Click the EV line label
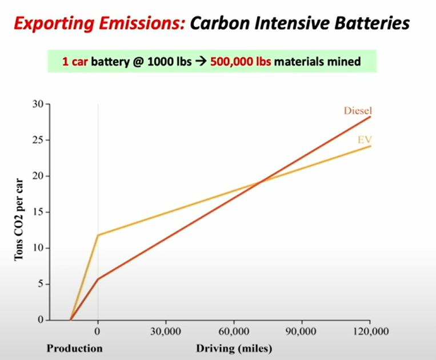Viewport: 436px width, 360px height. coord(365,140)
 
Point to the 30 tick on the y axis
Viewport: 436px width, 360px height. coord(38,104)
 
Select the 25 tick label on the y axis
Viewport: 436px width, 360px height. coord(38,140)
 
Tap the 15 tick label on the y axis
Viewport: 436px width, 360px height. coord(38,212)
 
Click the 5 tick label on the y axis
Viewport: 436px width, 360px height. coord(41,284)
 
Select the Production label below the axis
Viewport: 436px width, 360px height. coord(75,348)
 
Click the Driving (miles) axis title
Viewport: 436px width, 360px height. coord(234,348)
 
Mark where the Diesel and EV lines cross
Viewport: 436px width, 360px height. coord(261,182)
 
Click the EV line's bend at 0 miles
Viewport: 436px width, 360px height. coord(98,235)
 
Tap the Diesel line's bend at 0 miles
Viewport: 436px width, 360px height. coord(98,279)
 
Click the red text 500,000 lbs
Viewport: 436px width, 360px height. coord(241,61)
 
